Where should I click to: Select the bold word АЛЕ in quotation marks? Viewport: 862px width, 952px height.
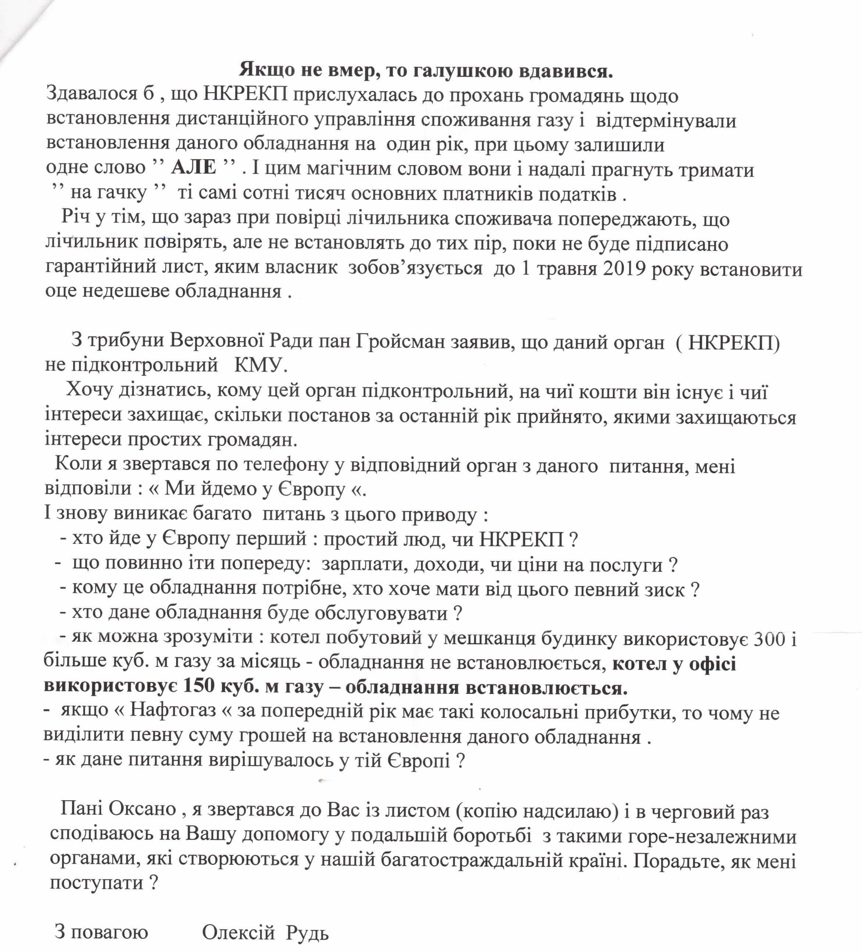194,167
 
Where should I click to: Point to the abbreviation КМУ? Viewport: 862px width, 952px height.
261,365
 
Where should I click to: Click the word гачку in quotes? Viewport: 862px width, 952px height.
108,193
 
